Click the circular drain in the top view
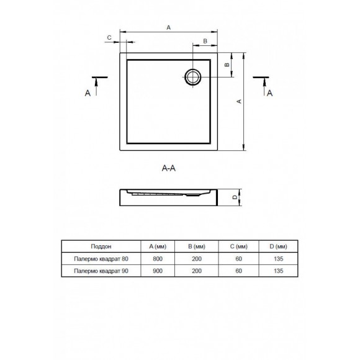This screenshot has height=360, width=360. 185,77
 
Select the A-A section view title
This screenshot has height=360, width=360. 169,168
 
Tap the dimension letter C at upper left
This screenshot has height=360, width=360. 109,38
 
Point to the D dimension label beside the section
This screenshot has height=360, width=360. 235,197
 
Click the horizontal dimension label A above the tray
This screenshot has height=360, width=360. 169,27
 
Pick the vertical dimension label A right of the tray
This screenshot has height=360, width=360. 239,101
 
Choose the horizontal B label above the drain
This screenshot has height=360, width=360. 205,41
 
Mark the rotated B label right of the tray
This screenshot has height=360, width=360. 227,65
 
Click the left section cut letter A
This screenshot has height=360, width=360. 88,93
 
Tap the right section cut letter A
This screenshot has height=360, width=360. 270,93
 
